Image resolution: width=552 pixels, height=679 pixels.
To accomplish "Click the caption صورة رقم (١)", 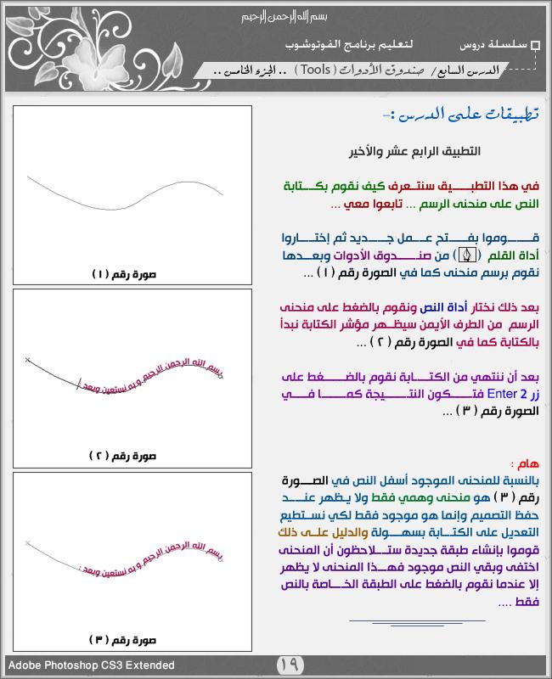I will click(132, 273).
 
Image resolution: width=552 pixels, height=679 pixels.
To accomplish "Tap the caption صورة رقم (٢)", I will click(132, 456).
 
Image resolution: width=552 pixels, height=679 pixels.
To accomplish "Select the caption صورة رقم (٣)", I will click(132, 638).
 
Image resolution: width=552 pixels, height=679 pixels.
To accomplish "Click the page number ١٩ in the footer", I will click(290, 665).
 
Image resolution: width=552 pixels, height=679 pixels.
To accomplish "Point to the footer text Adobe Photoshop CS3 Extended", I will click(92, 665).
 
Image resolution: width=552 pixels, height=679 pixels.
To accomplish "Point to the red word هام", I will click(523, 463).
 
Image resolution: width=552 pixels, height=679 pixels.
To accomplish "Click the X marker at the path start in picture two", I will click(28, 361).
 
